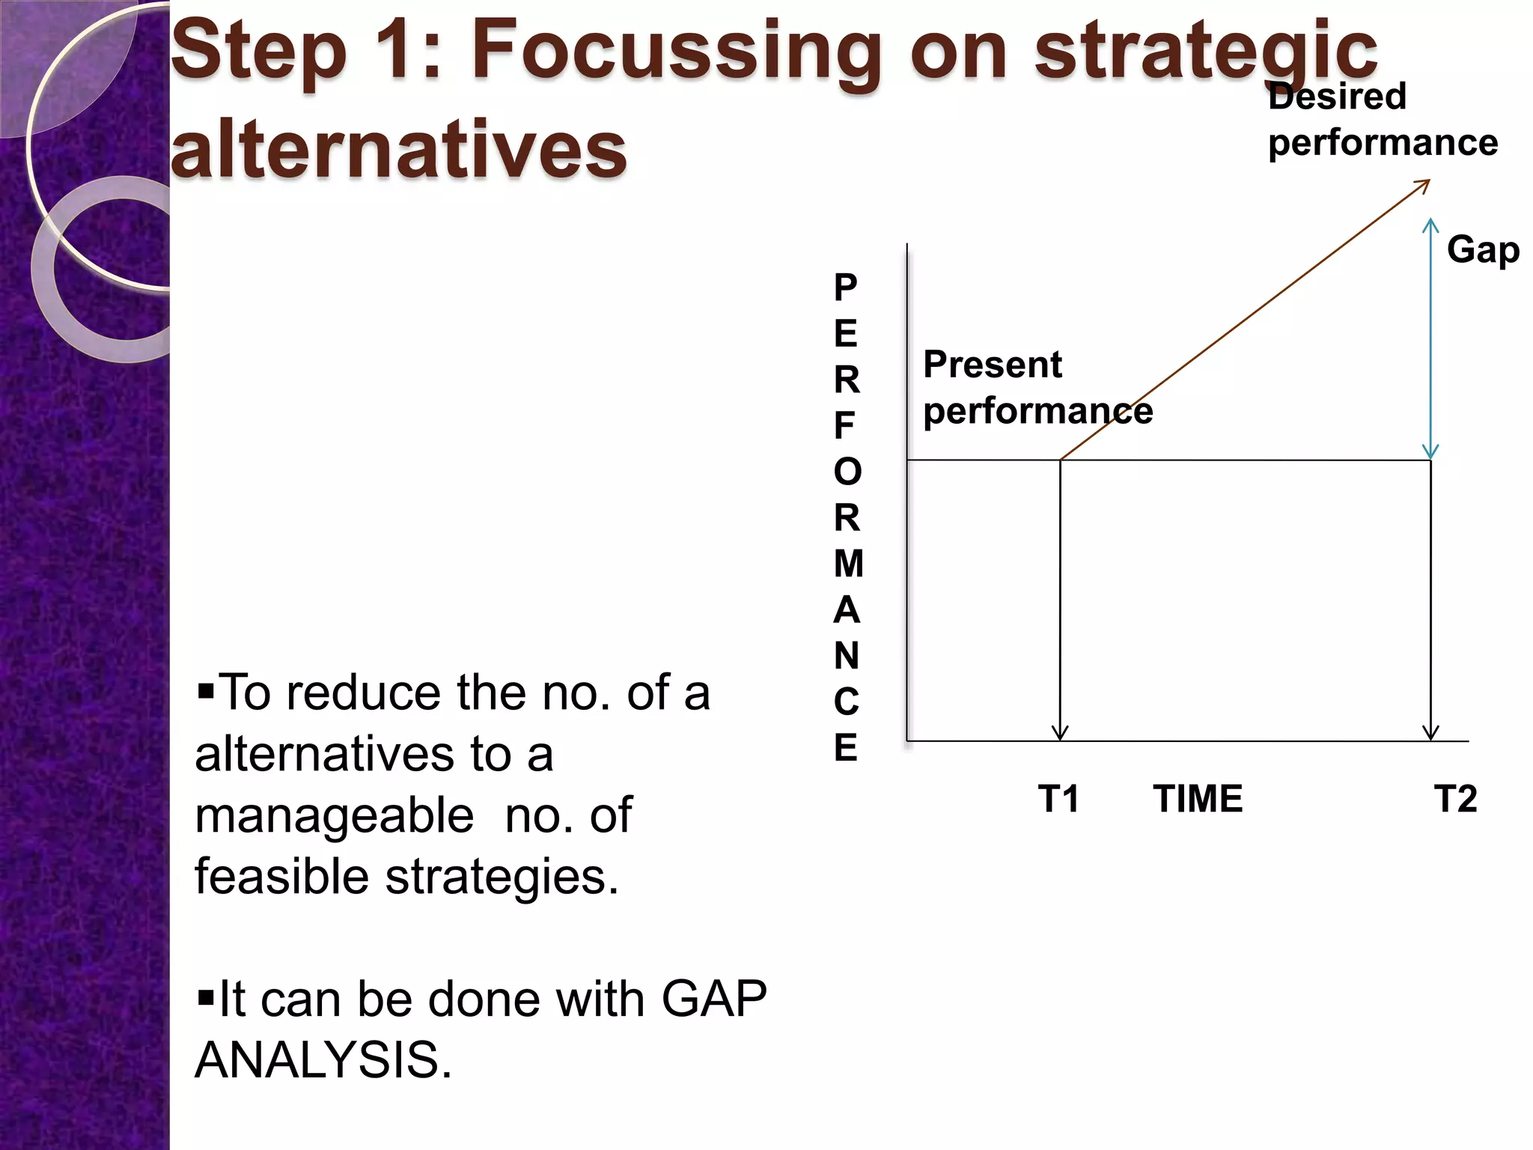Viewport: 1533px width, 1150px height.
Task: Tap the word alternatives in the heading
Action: (x=398, y=150)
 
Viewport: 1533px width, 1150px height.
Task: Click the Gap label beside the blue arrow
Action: (x=1483, y=250)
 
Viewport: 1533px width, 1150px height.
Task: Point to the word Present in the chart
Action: (x=992, y=365)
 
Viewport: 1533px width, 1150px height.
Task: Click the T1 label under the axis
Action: (x=1058, y=799)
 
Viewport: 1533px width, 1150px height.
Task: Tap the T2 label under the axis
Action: (x=1455, y=799)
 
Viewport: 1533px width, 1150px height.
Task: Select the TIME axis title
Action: (x=1198, y=799)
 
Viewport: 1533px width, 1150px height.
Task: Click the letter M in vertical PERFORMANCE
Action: (x=848, y=564)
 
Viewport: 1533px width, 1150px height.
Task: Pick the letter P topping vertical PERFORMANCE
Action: (x=846, y=287)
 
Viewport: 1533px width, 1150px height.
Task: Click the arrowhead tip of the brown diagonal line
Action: (x=1428, y=181)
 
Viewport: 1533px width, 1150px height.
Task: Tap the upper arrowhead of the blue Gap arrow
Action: (x=1430, y=222)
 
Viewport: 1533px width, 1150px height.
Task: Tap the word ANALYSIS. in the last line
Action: (x=323, y=1060)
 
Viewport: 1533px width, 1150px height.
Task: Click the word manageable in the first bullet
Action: (x=334, y=816)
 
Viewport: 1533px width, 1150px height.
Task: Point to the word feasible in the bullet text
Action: (x=281, y=877)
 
